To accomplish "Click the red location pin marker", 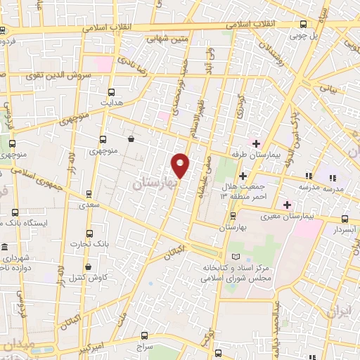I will point(181,165).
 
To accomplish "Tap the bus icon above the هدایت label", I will point(111,91).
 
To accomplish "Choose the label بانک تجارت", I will point(86,244).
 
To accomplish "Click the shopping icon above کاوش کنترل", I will point(89,267).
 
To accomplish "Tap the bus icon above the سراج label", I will point(144,335).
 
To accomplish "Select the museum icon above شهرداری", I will point(6,248).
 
